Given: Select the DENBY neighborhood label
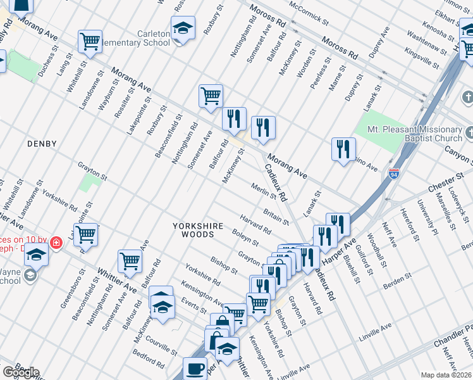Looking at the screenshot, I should [x=42, y=144].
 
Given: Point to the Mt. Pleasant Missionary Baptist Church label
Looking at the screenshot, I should [x=417, y=134].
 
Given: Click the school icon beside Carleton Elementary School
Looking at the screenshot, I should [x=183, y=28].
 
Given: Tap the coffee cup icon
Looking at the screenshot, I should [x=195, y=368].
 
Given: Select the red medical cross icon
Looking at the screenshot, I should [x=56, y=242].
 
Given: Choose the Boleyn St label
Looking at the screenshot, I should [x=245, y=238].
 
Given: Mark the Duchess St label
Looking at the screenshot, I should [x=46, y=64].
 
